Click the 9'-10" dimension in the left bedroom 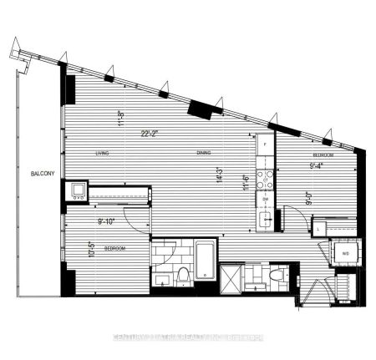click(109, 221)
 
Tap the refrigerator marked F click(265, 144)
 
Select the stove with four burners click(265, 178)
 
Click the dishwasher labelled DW click(265, 200)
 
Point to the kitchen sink click(265, 220)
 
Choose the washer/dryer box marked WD click(344, 251)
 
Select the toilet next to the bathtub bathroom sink click(182, 276)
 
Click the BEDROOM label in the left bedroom click(115, 249)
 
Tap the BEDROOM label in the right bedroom click(323, 156)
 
